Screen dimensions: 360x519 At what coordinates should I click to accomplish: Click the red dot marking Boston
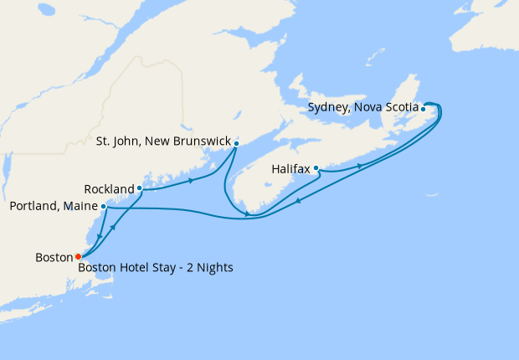pyautogui.click(x=78, y=256)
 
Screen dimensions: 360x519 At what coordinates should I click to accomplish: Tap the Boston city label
pyautogui.click(x=54, y=257)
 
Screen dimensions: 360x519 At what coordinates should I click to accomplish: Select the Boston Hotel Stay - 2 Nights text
pyautogui.click(x=155, y=268)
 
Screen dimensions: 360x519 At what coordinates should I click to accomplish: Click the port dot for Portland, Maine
pyautogui.click(x=103, y=206)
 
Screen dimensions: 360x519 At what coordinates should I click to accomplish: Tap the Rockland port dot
pyautogui.click(x=140, y=188)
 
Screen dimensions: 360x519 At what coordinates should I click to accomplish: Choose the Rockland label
pyautogui.click(x=109, y=188)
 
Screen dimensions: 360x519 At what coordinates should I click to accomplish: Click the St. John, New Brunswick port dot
pyautogui.click(x=236, y=143)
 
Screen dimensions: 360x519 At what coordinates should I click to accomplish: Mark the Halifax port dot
pyautogui.click(x=316, y=168)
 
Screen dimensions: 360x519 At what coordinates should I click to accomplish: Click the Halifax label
pyautogui.click(x=291, y=168)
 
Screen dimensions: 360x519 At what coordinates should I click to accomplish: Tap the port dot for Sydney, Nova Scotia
pyautogui.click(x=424, y=109)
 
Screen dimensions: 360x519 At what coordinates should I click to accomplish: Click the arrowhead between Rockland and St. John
pyautogui.click(x=192, y=180)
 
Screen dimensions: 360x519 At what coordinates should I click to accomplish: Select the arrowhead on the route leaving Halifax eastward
pyautogui.click(x=359, y=166)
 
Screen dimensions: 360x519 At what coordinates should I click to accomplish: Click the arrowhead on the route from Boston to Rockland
pyautogui.click(x=113, y=227)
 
